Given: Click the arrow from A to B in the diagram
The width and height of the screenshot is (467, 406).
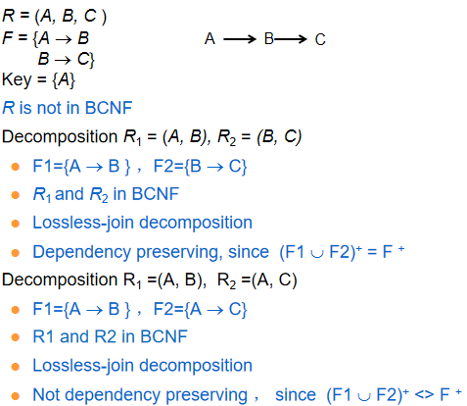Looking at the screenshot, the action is point(240,39).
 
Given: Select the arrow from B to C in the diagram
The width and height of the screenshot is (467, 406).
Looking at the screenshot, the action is point(291,39).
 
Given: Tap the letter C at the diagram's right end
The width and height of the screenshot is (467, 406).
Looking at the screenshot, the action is point(320,39).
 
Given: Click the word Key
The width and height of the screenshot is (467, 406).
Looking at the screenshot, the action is point(17,79).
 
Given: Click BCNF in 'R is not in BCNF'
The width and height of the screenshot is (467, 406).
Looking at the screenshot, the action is point(109,108).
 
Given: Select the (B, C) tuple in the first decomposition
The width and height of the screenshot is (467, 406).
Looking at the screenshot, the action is point(279,136).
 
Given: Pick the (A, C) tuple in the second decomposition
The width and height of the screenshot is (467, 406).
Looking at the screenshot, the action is point(274,280).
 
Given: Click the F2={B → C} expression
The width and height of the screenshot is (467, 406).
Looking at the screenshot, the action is point(200,166).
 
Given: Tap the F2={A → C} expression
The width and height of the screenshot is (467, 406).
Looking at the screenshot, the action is point(200,309).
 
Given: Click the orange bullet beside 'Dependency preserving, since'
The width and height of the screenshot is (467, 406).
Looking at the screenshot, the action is point(16,253).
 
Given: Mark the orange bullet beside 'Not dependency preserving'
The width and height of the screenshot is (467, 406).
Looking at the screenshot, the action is point(16,396).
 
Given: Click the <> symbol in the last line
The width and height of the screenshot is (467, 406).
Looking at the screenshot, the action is point(424,395).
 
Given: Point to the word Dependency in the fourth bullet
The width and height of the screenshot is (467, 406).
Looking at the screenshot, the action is point(82,253).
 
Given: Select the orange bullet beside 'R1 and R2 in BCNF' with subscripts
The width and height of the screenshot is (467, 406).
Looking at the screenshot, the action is point(16,195).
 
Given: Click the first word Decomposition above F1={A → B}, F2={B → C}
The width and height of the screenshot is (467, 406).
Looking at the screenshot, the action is point(60,136).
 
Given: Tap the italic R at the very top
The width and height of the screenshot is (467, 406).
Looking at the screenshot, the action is point(8,16).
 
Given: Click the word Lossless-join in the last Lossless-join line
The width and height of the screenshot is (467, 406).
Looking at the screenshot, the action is point(83,366).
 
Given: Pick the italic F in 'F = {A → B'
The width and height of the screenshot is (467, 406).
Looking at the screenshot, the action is point(7,38).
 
